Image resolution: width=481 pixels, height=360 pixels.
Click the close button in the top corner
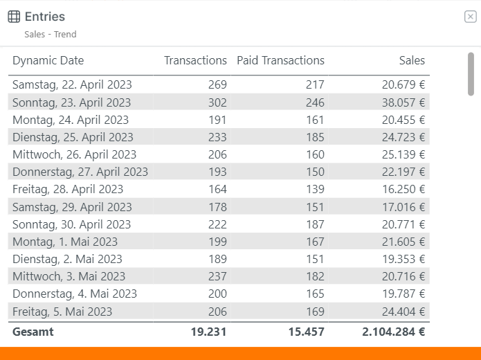(x=470, y=17)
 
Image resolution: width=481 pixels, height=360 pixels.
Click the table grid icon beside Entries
(x=14, y=17)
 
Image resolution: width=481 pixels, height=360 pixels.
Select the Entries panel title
(x=45, y=17)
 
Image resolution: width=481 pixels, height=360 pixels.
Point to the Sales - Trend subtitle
(x=51, y=34)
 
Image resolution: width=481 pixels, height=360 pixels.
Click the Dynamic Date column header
(x=48, y=60)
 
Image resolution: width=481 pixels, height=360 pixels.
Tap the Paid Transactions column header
(x=280, y=60)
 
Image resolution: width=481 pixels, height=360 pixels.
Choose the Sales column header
(x=412, y=60)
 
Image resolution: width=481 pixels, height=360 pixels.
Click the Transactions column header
(x=195, y=60)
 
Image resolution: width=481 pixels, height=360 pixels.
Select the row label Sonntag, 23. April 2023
(x=71, y=102)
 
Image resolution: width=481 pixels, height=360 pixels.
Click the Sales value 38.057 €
(x=403, y=102)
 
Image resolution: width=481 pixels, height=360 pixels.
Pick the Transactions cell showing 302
(x=217, y=102)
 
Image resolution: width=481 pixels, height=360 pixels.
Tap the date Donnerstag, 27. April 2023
(x=80, y=172)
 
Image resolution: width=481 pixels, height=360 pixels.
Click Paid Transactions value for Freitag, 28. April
(x=315, y=189)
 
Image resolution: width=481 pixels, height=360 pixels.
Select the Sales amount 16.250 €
(x=403, y=189)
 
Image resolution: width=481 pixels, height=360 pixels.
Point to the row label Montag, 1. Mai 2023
(x=65, y=242)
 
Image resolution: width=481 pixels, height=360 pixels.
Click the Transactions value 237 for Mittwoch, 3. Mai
(x=217, y=276)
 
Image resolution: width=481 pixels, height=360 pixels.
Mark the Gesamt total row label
(x=33, y=332)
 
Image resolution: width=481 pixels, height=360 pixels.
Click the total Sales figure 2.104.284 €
(x=394, y=332)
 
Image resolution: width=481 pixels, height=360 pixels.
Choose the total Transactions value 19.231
(x=208, y=332)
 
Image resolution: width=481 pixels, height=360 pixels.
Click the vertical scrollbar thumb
(x=471, y=74)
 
